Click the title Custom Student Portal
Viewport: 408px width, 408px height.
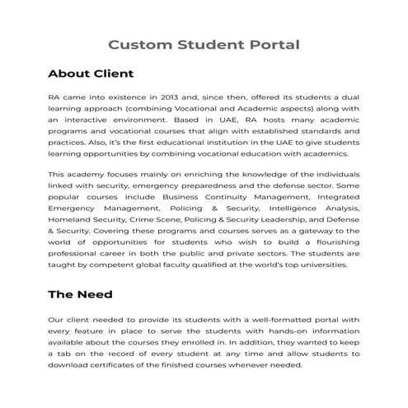(x=204, y=44)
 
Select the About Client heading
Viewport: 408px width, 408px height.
(x=91, y=74)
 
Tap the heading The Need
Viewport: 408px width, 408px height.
(x=80, y=293)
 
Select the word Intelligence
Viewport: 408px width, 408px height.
(x=294, y=209)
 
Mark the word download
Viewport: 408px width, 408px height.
(x=68, y=364)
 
